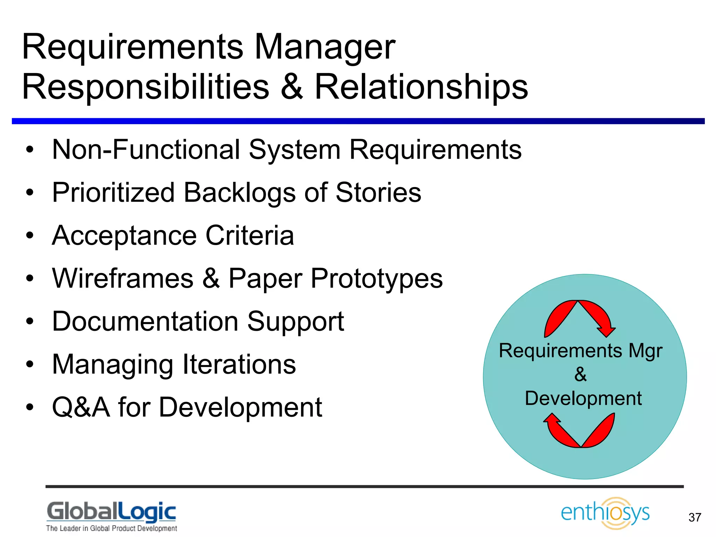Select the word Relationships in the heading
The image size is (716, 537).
421,87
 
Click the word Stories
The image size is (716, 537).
378,193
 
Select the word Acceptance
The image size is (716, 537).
124,236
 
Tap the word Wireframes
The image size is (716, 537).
123,278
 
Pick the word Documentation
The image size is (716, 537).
145,321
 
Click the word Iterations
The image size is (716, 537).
239,364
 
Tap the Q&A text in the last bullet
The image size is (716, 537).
81,407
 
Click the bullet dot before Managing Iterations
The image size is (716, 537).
30,364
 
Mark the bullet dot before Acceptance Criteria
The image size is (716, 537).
30,236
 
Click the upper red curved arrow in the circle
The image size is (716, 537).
580,316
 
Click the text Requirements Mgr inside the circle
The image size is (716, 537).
580,351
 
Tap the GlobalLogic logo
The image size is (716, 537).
112,516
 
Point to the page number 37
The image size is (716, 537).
695,517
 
